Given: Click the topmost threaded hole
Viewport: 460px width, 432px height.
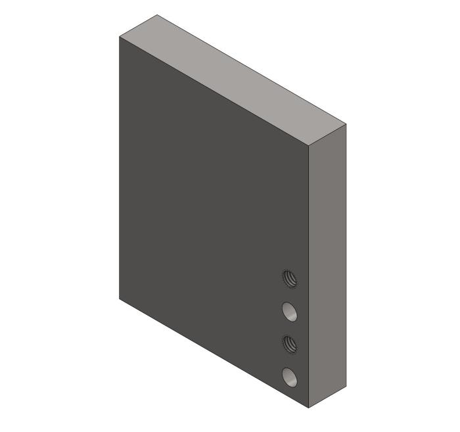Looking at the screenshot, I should tap(289, 279).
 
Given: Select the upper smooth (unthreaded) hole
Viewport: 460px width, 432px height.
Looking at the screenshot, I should tap(289, 311).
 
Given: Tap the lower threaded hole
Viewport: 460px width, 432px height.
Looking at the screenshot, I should tap(289, 343).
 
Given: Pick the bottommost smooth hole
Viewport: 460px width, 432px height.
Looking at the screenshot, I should tap(289, 377).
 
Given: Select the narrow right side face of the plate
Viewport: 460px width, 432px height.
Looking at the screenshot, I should tap(327, 263).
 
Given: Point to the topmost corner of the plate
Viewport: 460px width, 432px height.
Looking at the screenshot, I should tap(157, 15).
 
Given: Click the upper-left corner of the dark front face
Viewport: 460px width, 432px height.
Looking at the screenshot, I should tap(120, 37).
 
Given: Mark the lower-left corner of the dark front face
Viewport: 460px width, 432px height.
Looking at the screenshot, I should tap(120, 299).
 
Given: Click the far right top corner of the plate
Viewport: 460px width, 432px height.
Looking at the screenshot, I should tap(345, 123).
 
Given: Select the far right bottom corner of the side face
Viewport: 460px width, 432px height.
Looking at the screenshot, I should tap(345, 385).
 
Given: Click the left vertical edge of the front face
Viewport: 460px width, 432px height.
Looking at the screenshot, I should tap(120, 168).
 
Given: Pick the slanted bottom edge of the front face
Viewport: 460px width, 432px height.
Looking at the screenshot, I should tap(214, 353).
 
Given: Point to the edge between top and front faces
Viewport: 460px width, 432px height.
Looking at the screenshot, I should tap(214, 91).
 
